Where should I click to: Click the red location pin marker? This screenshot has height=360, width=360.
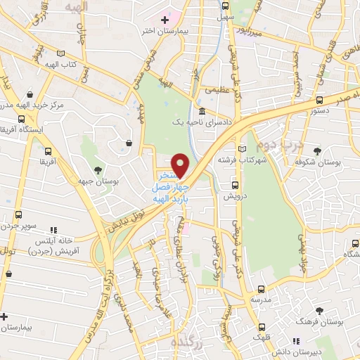click(x=181, y=165)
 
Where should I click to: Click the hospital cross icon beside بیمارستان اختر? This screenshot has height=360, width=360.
click(x=165, y=19)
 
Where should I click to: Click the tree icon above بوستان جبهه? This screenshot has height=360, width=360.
click(x=98, y=170)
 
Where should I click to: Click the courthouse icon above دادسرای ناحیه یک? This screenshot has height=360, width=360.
click(x=202, y=112)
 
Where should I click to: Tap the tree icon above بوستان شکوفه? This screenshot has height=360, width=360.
click(x=318, y=151)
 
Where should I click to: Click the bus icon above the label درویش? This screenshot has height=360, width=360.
click(x=236, y=185)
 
